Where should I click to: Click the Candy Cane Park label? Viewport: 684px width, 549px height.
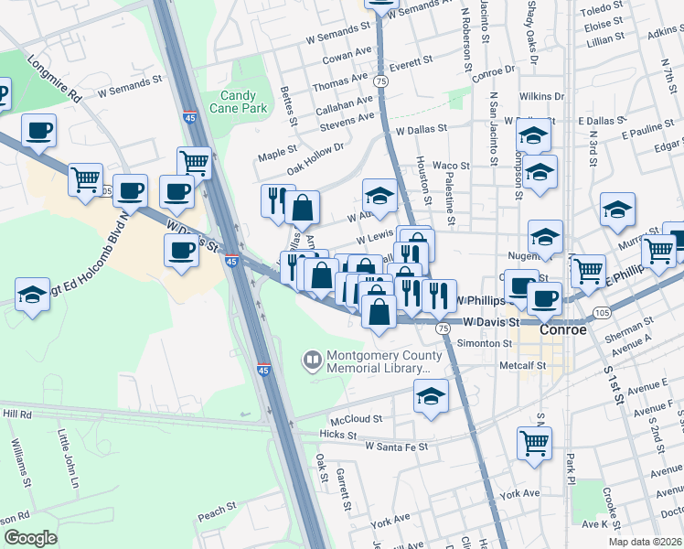coord(242,102)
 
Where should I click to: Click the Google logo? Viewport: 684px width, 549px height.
coord(30,538)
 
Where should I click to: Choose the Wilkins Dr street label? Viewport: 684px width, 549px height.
coord(541,96)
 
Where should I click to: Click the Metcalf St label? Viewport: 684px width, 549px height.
coord(522,364)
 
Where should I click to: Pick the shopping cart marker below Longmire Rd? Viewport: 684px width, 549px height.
coord(85,179)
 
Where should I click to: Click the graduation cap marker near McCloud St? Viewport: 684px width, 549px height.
coord(431,395)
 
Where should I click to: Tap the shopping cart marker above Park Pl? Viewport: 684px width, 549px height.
coord(534,442)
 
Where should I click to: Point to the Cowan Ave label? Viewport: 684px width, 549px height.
coord(347,55)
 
